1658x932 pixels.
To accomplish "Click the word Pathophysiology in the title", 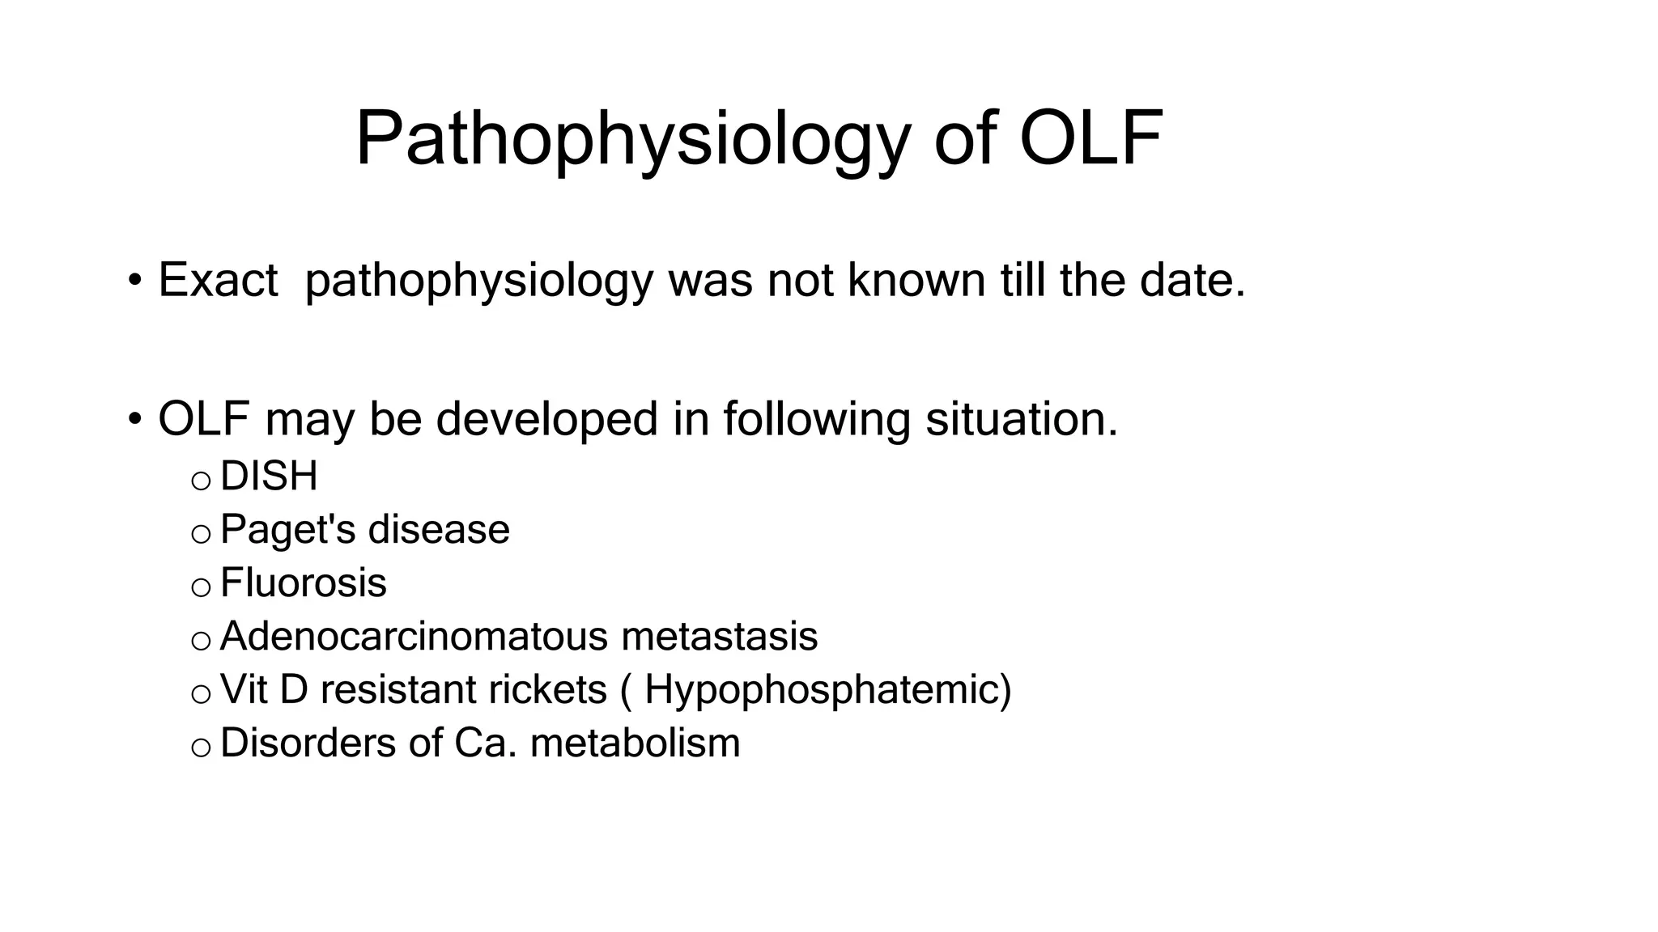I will point(632,139).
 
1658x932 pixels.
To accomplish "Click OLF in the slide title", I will point(1090,139).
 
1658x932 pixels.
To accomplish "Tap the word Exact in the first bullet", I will point(218,280).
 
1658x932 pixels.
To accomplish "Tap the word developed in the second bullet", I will point(546,419).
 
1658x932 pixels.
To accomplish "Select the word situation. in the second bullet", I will point(1022,419).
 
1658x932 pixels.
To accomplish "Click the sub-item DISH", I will point(269,476).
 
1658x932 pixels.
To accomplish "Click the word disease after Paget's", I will point(439,530).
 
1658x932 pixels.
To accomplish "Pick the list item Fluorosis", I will point(303,582).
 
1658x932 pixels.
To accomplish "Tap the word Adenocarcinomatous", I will point(414,636).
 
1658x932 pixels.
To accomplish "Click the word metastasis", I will point(719,636).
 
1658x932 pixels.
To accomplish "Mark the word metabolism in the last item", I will point(635,743).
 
